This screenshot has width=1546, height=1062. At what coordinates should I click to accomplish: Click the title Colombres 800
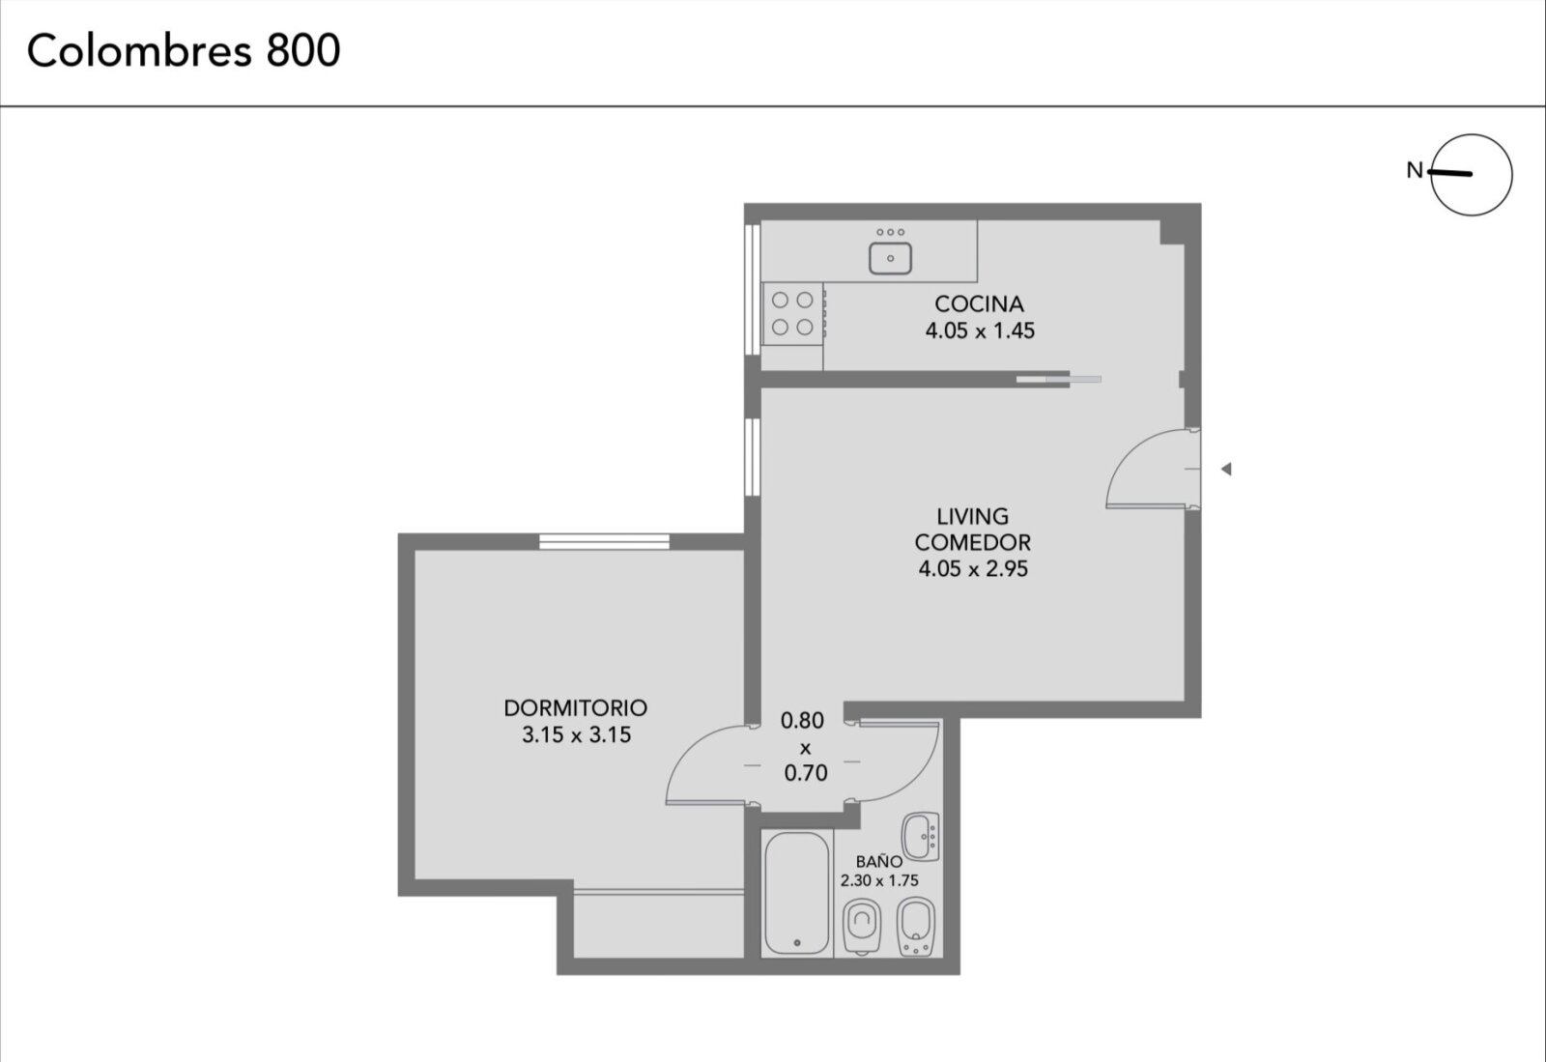[184, 50]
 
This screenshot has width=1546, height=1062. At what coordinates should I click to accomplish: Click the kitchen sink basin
[890, 258]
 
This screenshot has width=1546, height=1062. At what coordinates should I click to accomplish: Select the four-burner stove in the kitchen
[793, 313]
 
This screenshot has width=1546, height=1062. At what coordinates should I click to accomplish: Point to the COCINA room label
[979, 303]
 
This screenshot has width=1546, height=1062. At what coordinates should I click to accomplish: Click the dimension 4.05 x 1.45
[980, 330]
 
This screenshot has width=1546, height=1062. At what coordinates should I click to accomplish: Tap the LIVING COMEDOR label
[972, 530]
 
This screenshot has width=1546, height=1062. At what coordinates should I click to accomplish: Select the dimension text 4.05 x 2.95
[973, 568]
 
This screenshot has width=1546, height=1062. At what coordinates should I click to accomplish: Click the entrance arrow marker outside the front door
[1226, 470]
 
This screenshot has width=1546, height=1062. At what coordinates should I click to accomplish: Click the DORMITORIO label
[576, 708]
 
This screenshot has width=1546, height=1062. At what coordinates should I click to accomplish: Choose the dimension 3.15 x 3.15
[576, 735]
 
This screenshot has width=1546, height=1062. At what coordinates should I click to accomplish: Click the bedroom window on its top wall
[604, 542]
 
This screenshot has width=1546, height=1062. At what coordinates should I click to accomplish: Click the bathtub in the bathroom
[797, 893]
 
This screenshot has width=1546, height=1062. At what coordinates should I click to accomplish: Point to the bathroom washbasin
[921, 836]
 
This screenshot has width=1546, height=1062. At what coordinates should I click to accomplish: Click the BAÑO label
[879, 861]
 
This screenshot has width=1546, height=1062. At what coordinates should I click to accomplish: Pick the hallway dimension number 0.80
[802, 721]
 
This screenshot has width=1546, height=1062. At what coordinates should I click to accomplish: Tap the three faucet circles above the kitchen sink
[890, 233]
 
